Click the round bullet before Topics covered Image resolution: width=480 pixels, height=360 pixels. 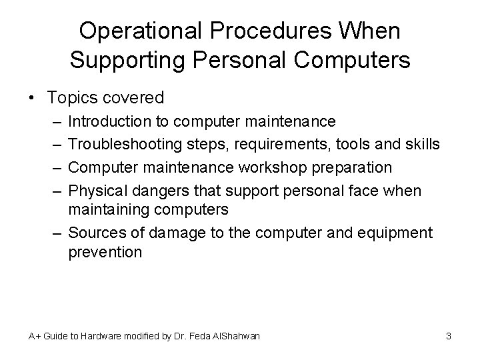(x=33, y=98)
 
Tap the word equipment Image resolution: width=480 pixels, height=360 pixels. (x=396, y=233)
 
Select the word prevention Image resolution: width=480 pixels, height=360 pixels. (x=105, y=253)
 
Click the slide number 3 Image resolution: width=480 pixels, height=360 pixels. (x=449, y=336)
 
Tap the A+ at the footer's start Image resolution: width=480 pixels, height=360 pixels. (x=35, y=336)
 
